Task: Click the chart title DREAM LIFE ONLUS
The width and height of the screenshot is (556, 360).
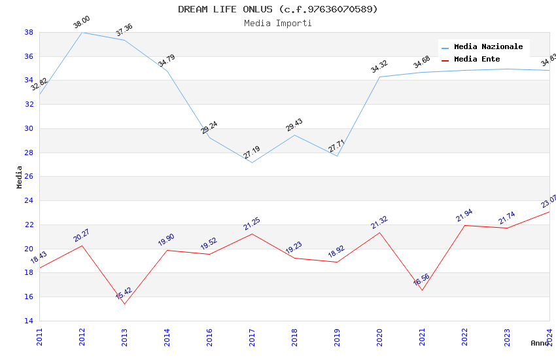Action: pos(278,9)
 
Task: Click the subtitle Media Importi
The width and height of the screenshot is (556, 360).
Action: pos(278,23)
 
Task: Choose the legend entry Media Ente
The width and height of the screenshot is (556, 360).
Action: pos(477,59)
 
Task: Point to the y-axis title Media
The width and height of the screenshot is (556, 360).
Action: pos(20,177)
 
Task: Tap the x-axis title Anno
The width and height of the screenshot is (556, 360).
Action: pos(540,343)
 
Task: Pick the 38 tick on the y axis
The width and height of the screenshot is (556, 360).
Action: pos(29,32)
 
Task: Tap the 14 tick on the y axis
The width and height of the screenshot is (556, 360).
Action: pos(29,321)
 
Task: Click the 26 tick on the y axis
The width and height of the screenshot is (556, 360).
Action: pos(29,177)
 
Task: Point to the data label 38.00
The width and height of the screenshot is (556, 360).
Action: pos(82,22)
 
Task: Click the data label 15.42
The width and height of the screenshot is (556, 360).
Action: pos(124,293)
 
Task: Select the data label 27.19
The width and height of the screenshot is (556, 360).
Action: pos(252,153)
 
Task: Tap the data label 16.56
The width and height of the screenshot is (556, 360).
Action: pos(421,280)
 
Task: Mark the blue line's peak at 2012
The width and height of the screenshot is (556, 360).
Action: pos(82,32)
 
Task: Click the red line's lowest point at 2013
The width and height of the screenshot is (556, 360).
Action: pos(124,304)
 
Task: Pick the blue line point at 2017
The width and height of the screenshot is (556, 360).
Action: pos(252,162)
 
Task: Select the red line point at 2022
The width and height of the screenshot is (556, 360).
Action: pos(464,225)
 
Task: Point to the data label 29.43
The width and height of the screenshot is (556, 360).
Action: pos(294,125)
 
